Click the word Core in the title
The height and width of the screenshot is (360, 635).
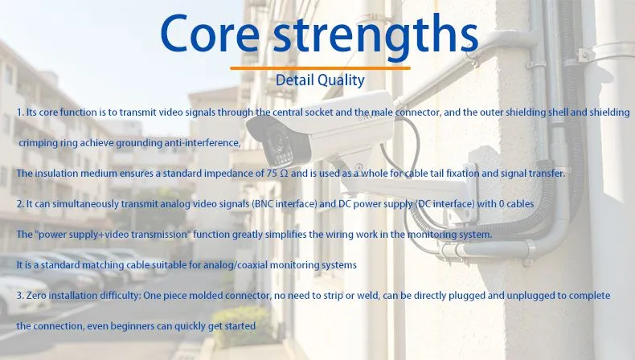(x=210, y=34)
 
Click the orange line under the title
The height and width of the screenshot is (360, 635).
(x=320, y=68)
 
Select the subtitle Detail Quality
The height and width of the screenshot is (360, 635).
(x=320, y=80)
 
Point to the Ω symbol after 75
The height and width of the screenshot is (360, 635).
(x=284, y=174)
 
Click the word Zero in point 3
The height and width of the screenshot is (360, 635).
(x=36, y=296)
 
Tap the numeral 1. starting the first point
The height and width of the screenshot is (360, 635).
(x=20, y=112)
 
